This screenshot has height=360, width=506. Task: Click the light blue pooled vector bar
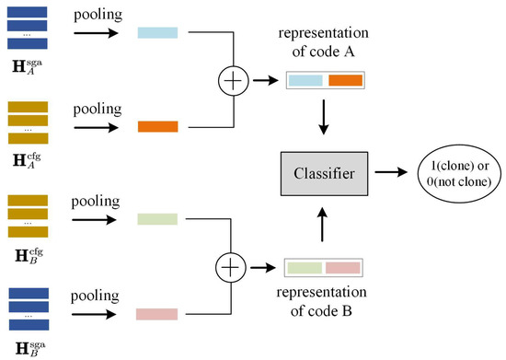tap(159, 33)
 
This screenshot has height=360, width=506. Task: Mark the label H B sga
tap(28, 348)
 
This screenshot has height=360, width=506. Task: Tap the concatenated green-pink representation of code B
tap(325, 268)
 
